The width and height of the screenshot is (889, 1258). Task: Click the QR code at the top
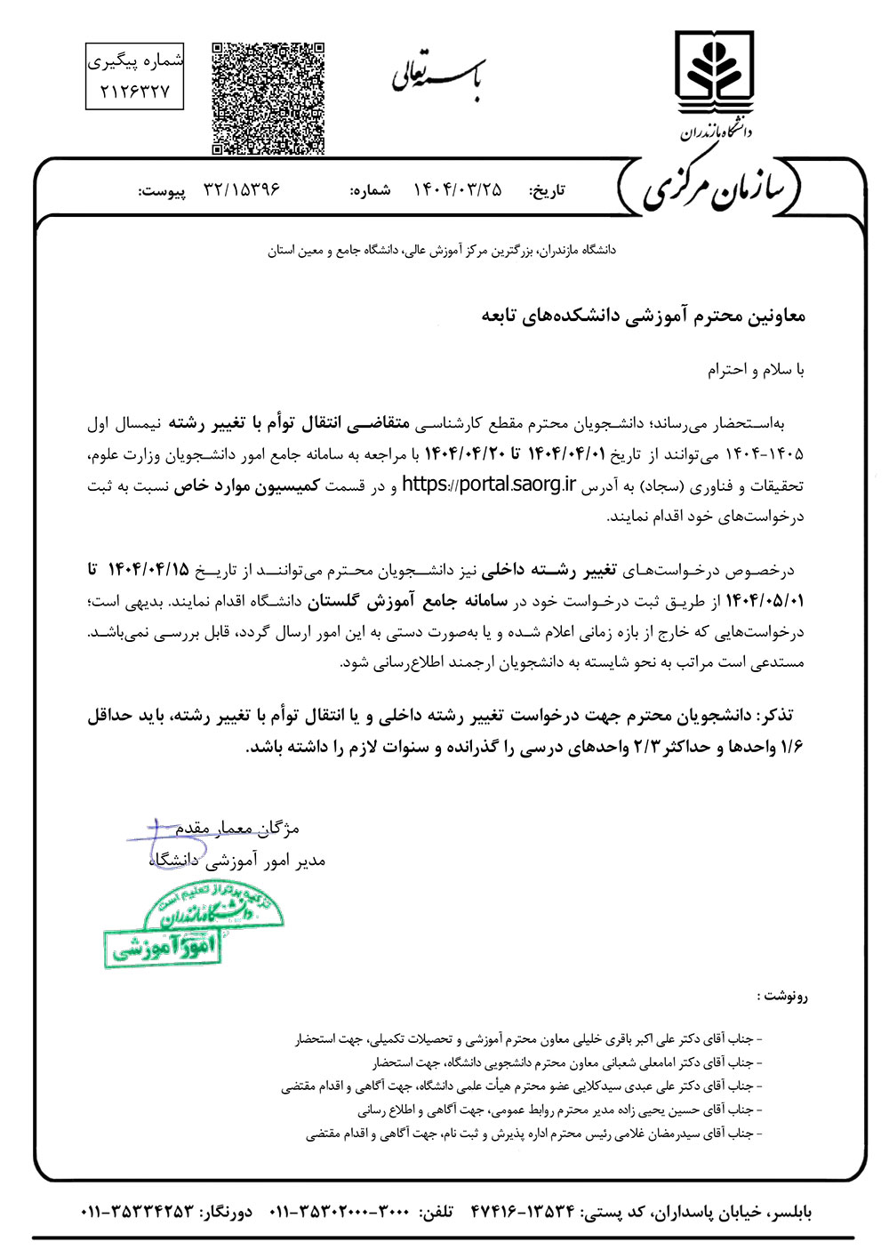[x=268, y=98]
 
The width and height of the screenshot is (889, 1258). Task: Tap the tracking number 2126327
[x=135, y=91]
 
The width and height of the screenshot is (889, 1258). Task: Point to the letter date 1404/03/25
[x=458, y=190]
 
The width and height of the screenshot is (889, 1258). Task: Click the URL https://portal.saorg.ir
[x=489, y=485]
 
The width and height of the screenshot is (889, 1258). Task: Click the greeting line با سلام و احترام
[x=756, y=369]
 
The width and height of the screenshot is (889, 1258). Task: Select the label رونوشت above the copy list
[x=783, y=997]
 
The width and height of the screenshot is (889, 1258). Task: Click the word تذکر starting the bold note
[x=775, y=716]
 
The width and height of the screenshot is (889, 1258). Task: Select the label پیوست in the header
[x=161, y=191]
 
